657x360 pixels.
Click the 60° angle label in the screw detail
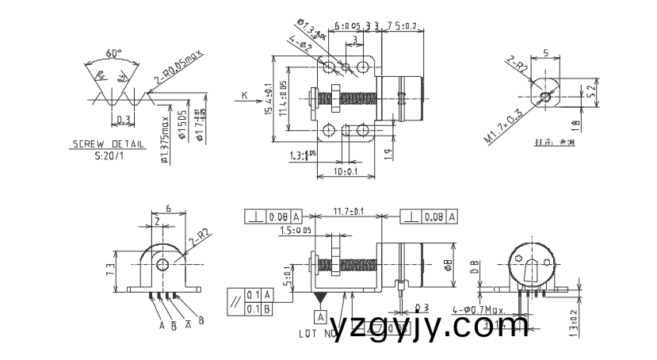(114, 53)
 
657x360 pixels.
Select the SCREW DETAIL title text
(109, 145)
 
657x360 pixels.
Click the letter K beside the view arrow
(244, 95)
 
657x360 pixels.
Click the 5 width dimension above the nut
(546, 53)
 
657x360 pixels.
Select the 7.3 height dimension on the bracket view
(110, 270)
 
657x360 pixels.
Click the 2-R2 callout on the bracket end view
(198, 239)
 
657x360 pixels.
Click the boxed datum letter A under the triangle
(320, 316)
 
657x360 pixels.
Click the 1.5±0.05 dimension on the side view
(296, 230)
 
